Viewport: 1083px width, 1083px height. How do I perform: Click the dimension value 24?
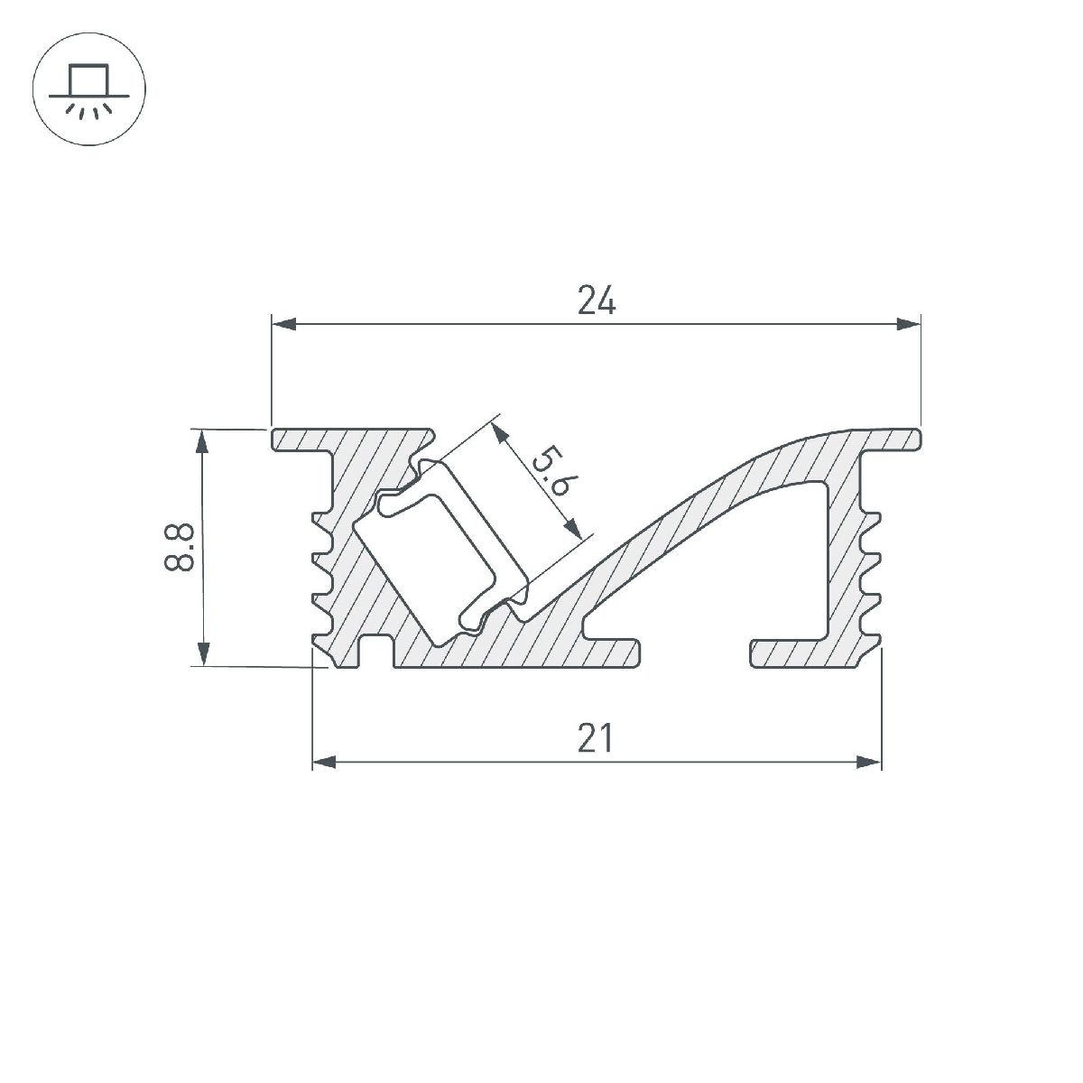(x=597, y=301)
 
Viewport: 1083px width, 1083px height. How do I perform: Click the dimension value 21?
(x=597, y=738)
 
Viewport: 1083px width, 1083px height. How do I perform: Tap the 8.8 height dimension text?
(x=180, y=548)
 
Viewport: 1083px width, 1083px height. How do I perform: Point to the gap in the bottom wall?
(x=695, y=654)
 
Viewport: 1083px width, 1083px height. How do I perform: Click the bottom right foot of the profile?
(x=812, y=655)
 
